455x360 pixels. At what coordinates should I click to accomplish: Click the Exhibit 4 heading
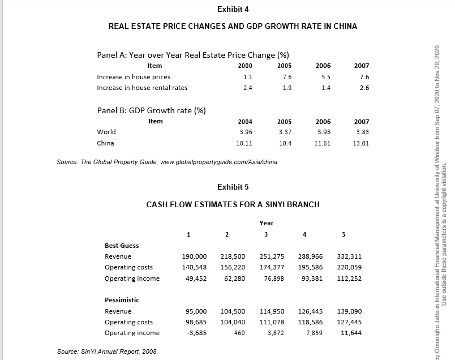tap(233, 9)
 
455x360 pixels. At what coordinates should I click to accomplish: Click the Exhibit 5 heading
tap(233, 187)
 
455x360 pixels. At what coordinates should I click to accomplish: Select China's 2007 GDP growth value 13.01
tap(360, 143)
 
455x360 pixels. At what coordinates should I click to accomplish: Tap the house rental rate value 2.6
tap(364, 88)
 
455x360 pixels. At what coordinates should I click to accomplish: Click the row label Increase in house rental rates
tap(142, 88)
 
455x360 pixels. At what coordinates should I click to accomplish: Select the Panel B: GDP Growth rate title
tap(151, 110)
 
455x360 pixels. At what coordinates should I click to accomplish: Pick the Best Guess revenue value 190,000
tap(194, 256)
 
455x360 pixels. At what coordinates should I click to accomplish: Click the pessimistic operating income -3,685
tap(196, 333)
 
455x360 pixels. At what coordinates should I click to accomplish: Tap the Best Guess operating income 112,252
tap(349, 278)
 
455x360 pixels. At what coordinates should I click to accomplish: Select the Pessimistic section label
tap(122, 300)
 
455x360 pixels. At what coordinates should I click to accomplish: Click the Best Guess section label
tap(122, 246)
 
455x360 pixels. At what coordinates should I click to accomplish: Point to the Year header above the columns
tap(266, 223)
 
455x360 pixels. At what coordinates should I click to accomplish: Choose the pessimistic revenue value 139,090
tap(349, 311)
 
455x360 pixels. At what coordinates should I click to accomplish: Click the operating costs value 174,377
tap(272, 267)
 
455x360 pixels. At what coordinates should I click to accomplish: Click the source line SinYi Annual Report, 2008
tap(108, 352)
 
